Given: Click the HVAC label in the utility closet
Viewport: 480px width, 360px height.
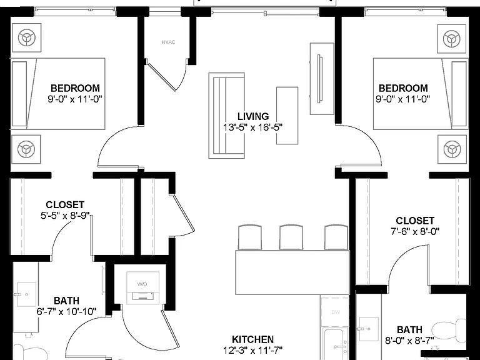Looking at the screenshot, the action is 168,42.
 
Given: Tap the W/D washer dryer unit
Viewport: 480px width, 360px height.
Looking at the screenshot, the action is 142,287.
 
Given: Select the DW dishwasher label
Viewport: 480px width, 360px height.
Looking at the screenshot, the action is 336,312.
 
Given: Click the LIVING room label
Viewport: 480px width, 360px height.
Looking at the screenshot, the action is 253,116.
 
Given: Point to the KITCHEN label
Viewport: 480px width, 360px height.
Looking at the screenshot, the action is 253,339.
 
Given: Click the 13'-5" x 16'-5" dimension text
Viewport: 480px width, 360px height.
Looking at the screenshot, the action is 253,127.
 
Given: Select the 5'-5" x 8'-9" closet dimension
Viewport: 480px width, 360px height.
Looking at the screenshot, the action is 65,216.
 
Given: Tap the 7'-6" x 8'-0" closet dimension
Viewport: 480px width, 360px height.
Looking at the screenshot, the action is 415,231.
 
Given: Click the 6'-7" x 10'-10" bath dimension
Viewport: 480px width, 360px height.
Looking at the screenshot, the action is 66,312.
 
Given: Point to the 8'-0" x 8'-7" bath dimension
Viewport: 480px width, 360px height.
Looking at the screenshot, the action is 409,341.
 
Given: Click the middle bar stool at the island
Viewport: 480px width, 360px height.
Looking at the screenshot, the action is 291,237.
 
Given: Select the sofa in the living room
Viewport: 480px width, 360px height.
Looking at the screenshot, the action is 226,116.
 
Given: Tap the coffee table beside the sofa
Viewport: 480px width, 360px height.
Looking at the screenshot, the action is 287,116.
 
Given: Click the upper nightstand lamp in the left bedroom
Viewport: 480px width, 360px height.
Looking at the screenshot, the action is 27,38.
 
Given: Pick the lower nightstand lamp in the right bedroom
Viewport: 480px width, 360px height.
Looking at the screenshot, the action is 452,149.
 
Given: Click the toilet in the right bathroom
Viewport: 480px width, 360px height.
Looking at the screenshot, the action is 449,330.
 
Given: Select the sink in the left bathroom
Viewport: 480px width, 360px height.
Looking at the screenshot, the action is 26,294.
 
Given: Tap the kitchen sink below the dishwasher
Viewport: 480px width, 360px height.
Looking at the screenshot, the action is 336,344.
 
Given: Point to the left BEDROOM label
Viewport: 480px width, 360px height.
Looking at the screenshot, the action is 75,88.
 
